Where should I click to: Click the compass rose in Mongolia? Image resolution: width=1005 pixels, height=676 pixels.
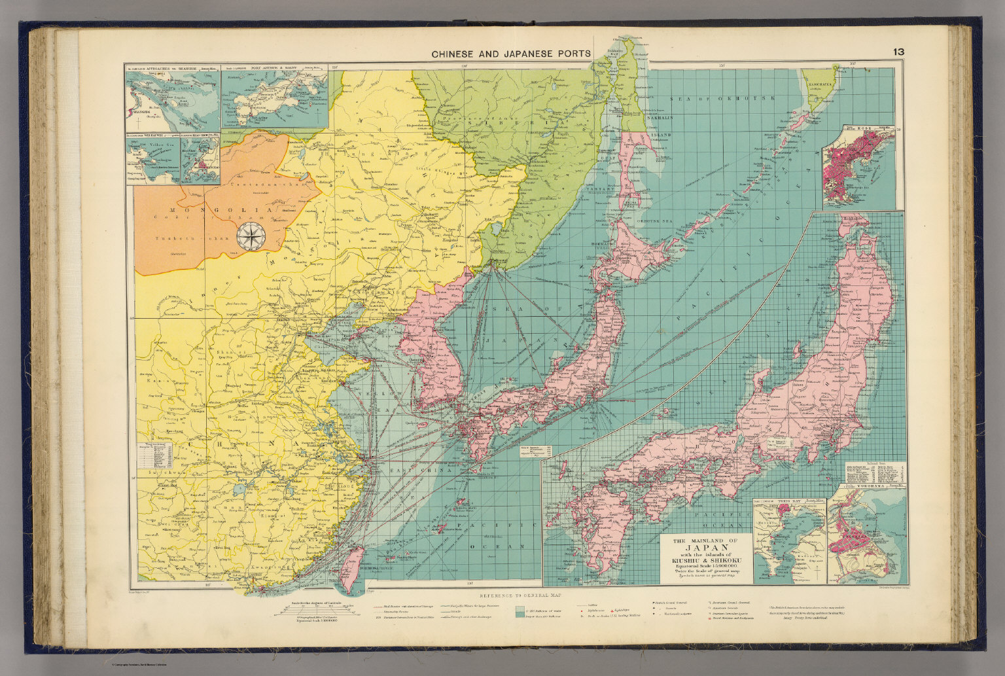249,237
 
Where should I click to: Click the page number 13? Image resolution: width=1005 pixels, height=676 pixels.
898,52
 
